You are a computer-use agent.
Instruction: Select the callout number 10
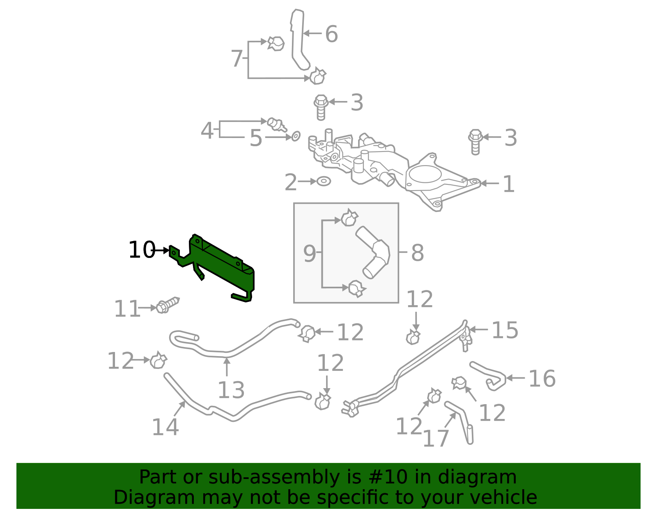point(142,250)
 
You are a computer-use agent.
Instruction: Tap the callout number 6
point(331,34)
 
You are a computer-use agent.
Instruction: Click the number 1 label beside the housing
point(508,184)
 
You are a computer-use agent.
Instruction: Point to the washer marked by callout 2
point(324,181)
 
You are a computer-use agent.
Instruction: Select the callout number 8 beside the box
point(418,253)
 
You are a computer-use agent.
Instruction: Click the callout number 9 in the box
point(310,253)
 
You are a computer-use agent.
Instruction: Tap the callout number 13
point(231,390)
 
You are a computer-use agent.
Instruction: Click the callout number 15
point(505,330)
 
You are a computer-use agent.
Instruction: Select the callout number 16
point(542,378)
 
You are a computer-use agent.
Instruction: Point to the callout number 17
point(436,438)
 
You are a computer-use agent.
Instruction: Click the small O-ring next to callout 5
point(296,136)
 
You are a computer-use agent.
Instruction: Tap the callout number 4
point(207,131)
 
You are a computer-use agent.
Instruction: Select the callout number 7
point(237,58)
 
